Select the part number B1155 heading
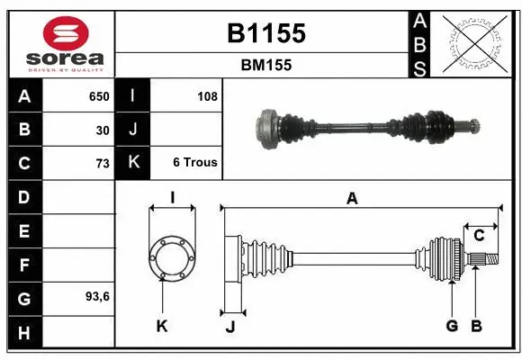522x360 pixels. [265, 34]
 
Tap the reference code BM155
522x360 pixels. [265, 65]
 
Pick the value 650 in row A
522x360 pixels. [98, 96]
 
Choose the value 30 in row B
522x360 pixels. [102, 130]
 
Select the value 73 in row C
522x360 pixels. [102, 163]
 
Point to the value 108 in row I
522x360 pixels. [206, 96]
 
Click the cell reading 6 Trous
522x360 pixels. [194, 163]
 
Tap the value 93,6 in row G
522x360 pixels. [97, 296]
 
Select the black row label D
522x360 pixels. [23, 197]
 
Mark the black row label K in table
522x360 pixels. [132, 163]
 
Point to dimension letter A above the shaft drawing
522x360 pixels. [352, 199]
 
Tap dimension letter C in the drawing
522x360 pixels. [479, 236]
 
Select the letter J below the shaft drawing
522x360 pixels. [229, 327]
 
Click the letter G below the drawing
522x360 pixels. [451, 326]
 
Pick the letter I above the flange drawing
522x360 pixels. [171, 197]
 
